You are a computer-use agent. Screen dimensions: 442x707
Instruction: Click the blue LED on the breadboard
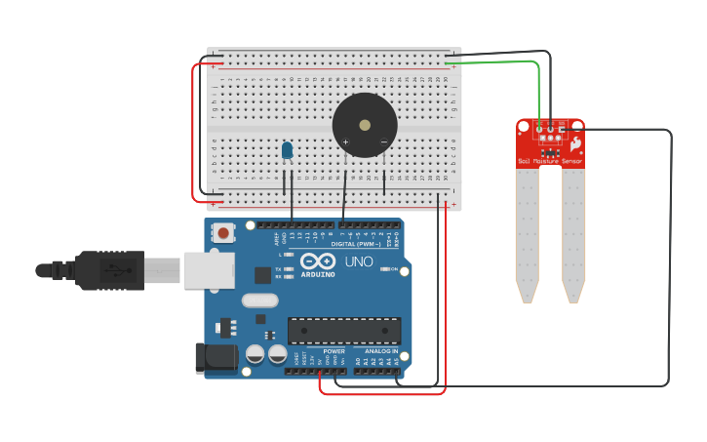tap(287, 150)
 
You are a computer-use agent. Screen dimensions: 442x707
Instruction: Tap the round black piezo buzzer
tap(365, 125)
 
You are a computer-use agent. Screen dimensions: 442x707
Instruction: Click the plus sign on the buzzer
tap(345, 142)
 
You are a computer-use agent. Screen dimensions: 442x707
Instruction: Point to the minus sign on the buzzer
tap(383, 142)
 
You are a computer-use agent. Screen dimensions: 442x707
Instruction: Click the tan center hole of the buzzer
tap(365, 125)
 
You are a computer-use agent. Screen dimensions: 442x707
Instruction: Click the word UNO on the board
tap(359, 261)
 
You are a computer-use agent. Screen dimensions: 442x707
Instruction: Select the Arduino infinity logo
tap(318, 261)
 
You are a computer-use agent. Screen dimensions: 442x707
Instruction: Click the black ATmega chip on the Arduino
tap(343, 331)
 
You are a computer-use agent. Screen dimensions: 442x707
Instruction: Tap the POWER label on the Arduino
tap(334, 351)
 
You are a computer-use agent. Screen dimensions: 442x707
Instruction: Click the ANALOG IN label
tap(381, 351)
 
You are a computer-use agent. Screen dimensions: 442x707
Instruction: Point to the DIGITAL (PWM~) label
tap(356, 244)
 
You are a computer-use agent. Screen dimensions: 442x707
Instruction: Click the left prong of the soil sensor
tap(527, 234)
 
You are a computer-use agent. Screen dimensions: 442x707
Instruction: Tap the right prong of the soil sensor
tap(573, 234)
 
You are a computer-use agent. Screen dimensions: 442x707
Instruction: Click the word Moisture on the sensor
tap(546, 161)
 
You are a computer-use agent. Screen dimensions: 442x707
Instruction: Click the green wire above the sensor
tap(497, 62)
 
